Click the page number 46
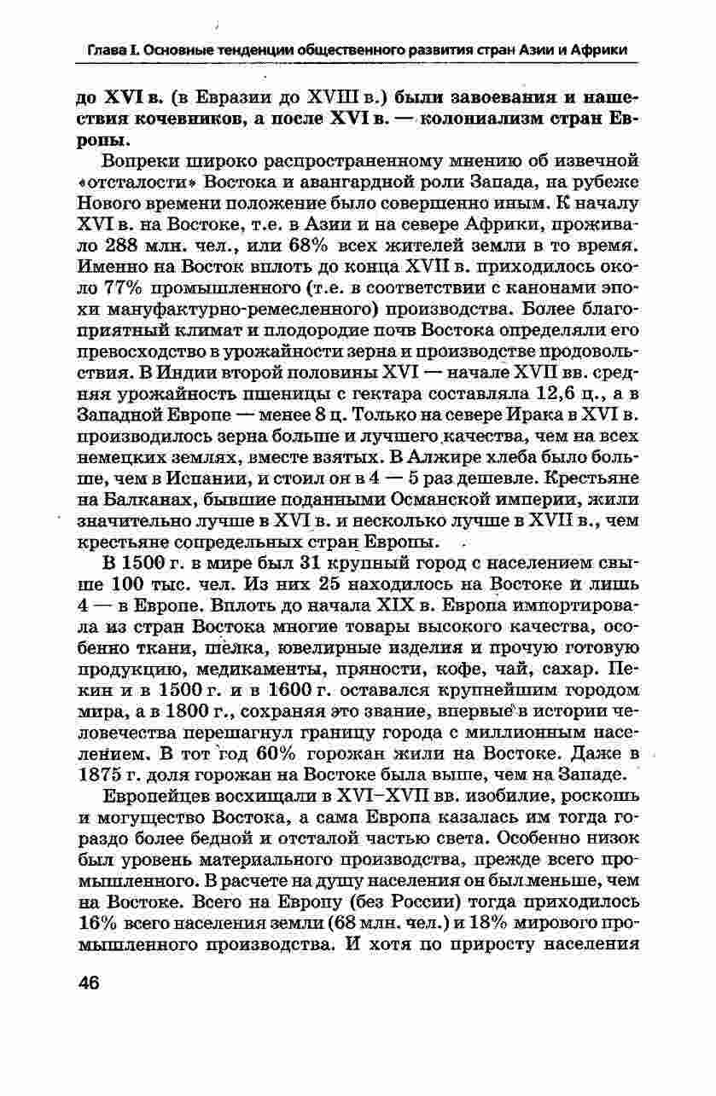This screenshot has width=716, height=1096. [89, 982]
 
